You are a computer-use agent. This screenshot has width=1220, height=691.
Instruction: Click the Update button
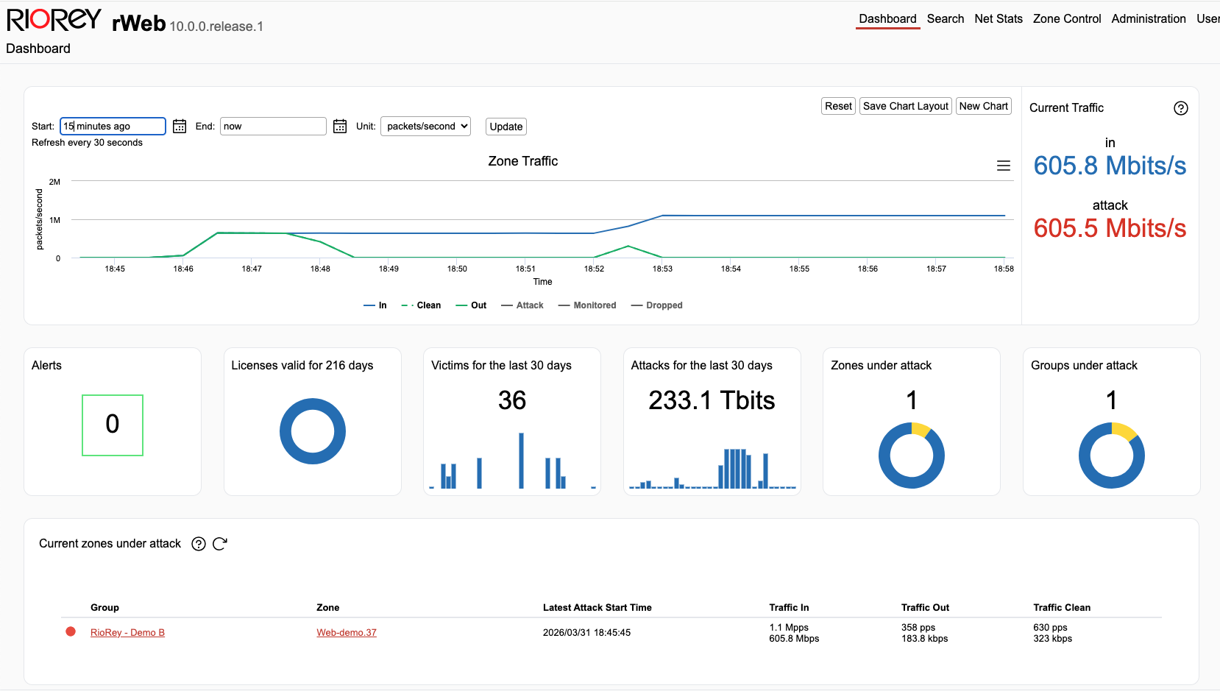(506, 127)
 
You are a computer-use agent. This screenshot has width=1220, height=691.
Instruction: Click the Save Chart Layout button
(905, 106)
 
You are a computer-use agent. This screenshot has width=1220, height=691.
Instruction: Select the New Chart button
(983, 106)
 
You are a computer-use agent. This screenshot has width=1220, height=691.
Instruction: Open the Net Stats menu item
(998, 19)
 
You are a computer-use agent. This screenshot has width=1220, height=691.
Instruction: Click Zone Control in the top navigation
(1066, 19)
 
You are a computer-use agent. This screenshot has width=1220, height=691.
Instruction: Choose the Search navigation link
(945, 19)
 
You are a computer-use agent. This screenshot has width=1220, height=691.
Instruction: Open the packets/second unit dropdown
(426, 127)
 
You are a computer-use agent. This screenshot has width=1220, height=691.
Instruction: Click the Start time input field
(113, 127)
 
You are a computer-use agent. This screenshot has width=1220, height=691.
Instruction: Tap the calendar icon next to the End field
(340, 127)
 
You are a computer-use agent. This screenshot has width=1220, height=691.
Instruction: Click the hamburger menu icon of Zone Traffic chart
(1003, 166)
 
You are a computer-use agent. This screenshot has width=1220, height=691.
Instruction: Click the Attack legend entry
(522, 305)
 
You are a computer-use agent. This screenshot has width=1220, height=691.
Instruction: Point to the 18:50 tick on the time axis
(457, 269)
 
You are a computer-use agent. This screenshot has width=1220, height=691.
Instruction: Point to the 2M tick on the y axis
(54, 182)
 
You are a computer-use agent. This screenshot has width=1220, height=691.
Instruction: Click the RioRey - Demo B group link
(127, 633)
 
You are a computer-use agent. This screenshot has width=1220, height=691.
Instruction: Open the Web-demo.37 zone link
(346, 633)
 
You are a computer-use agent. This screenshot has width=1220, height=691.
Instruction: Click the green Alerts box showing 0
(113, 425)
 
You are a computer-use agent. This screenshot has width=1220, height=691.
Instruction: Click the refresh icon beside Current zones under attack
(219, 544)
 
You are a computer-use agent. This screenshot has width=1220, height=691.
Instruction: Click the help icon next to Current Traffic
(1180, 108)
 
